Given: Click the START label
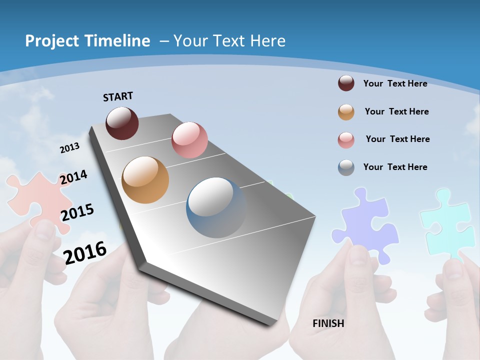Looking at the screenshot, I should pyautogui.click(x=118, y=96).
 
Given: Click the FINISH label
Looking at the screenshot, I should pyautogui.click(x=328, y=323).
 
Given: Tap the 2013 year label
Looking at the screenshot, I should pyautogui.click(x=69, y=147).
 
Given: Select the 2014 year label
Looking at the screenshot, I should pyautogui.click(x=73, y=177).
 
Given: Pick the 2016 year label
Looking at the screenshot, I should pyautogui.click(x=85, y=252).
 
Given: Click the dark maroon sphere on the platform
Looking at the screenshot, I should pyautogui.click(x=122, y=123).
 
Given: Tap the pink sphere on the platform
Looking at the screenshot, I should pyautogui.click(x=189, y=140).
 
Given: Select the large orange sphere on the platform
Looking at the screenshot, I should pyautogui.click(x=145, y=180).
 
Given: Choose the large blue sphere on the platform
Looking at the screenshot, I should pyautogui.click(x=216, y=207).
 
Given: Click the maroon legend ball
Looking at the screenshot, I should pyautogui.click(x=346, y=83).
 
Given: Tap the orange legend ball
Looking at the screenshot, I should pyautogui.click(x=346, y=112).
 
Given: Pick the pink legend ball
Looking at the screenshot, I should pyautogui.click(x=346, y=140).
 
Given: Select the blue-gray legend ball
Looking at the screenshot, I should pyautogui.click(x=346, y=167).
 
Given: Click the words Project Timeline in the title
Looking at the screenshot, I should pyautogui.click(x=87, y=41).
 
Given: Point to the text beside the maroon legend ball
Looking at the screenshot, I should pyautogui.click(x=395, y=83).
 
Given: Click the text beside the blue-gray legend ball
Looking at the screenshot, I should pyautogui.click(x=395, y=167).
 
